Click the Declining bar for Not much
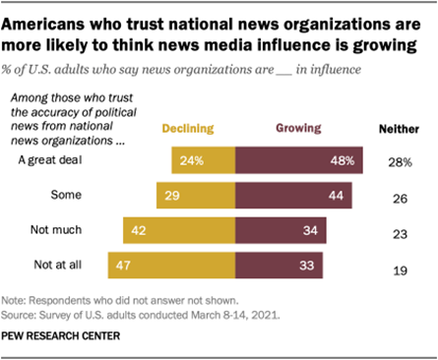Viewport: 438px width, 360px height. coord(179,231)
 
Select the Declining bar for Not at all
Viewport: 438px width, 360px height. coord(172,266)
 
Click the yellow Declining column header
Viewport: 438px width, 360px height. coord(190,128)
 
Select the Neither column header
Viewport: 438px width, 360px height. coord(400,129)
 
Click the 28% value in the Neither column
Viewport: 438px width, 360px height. coord(400,161)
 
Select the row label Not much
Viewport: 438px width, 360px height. coord(58,231)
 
